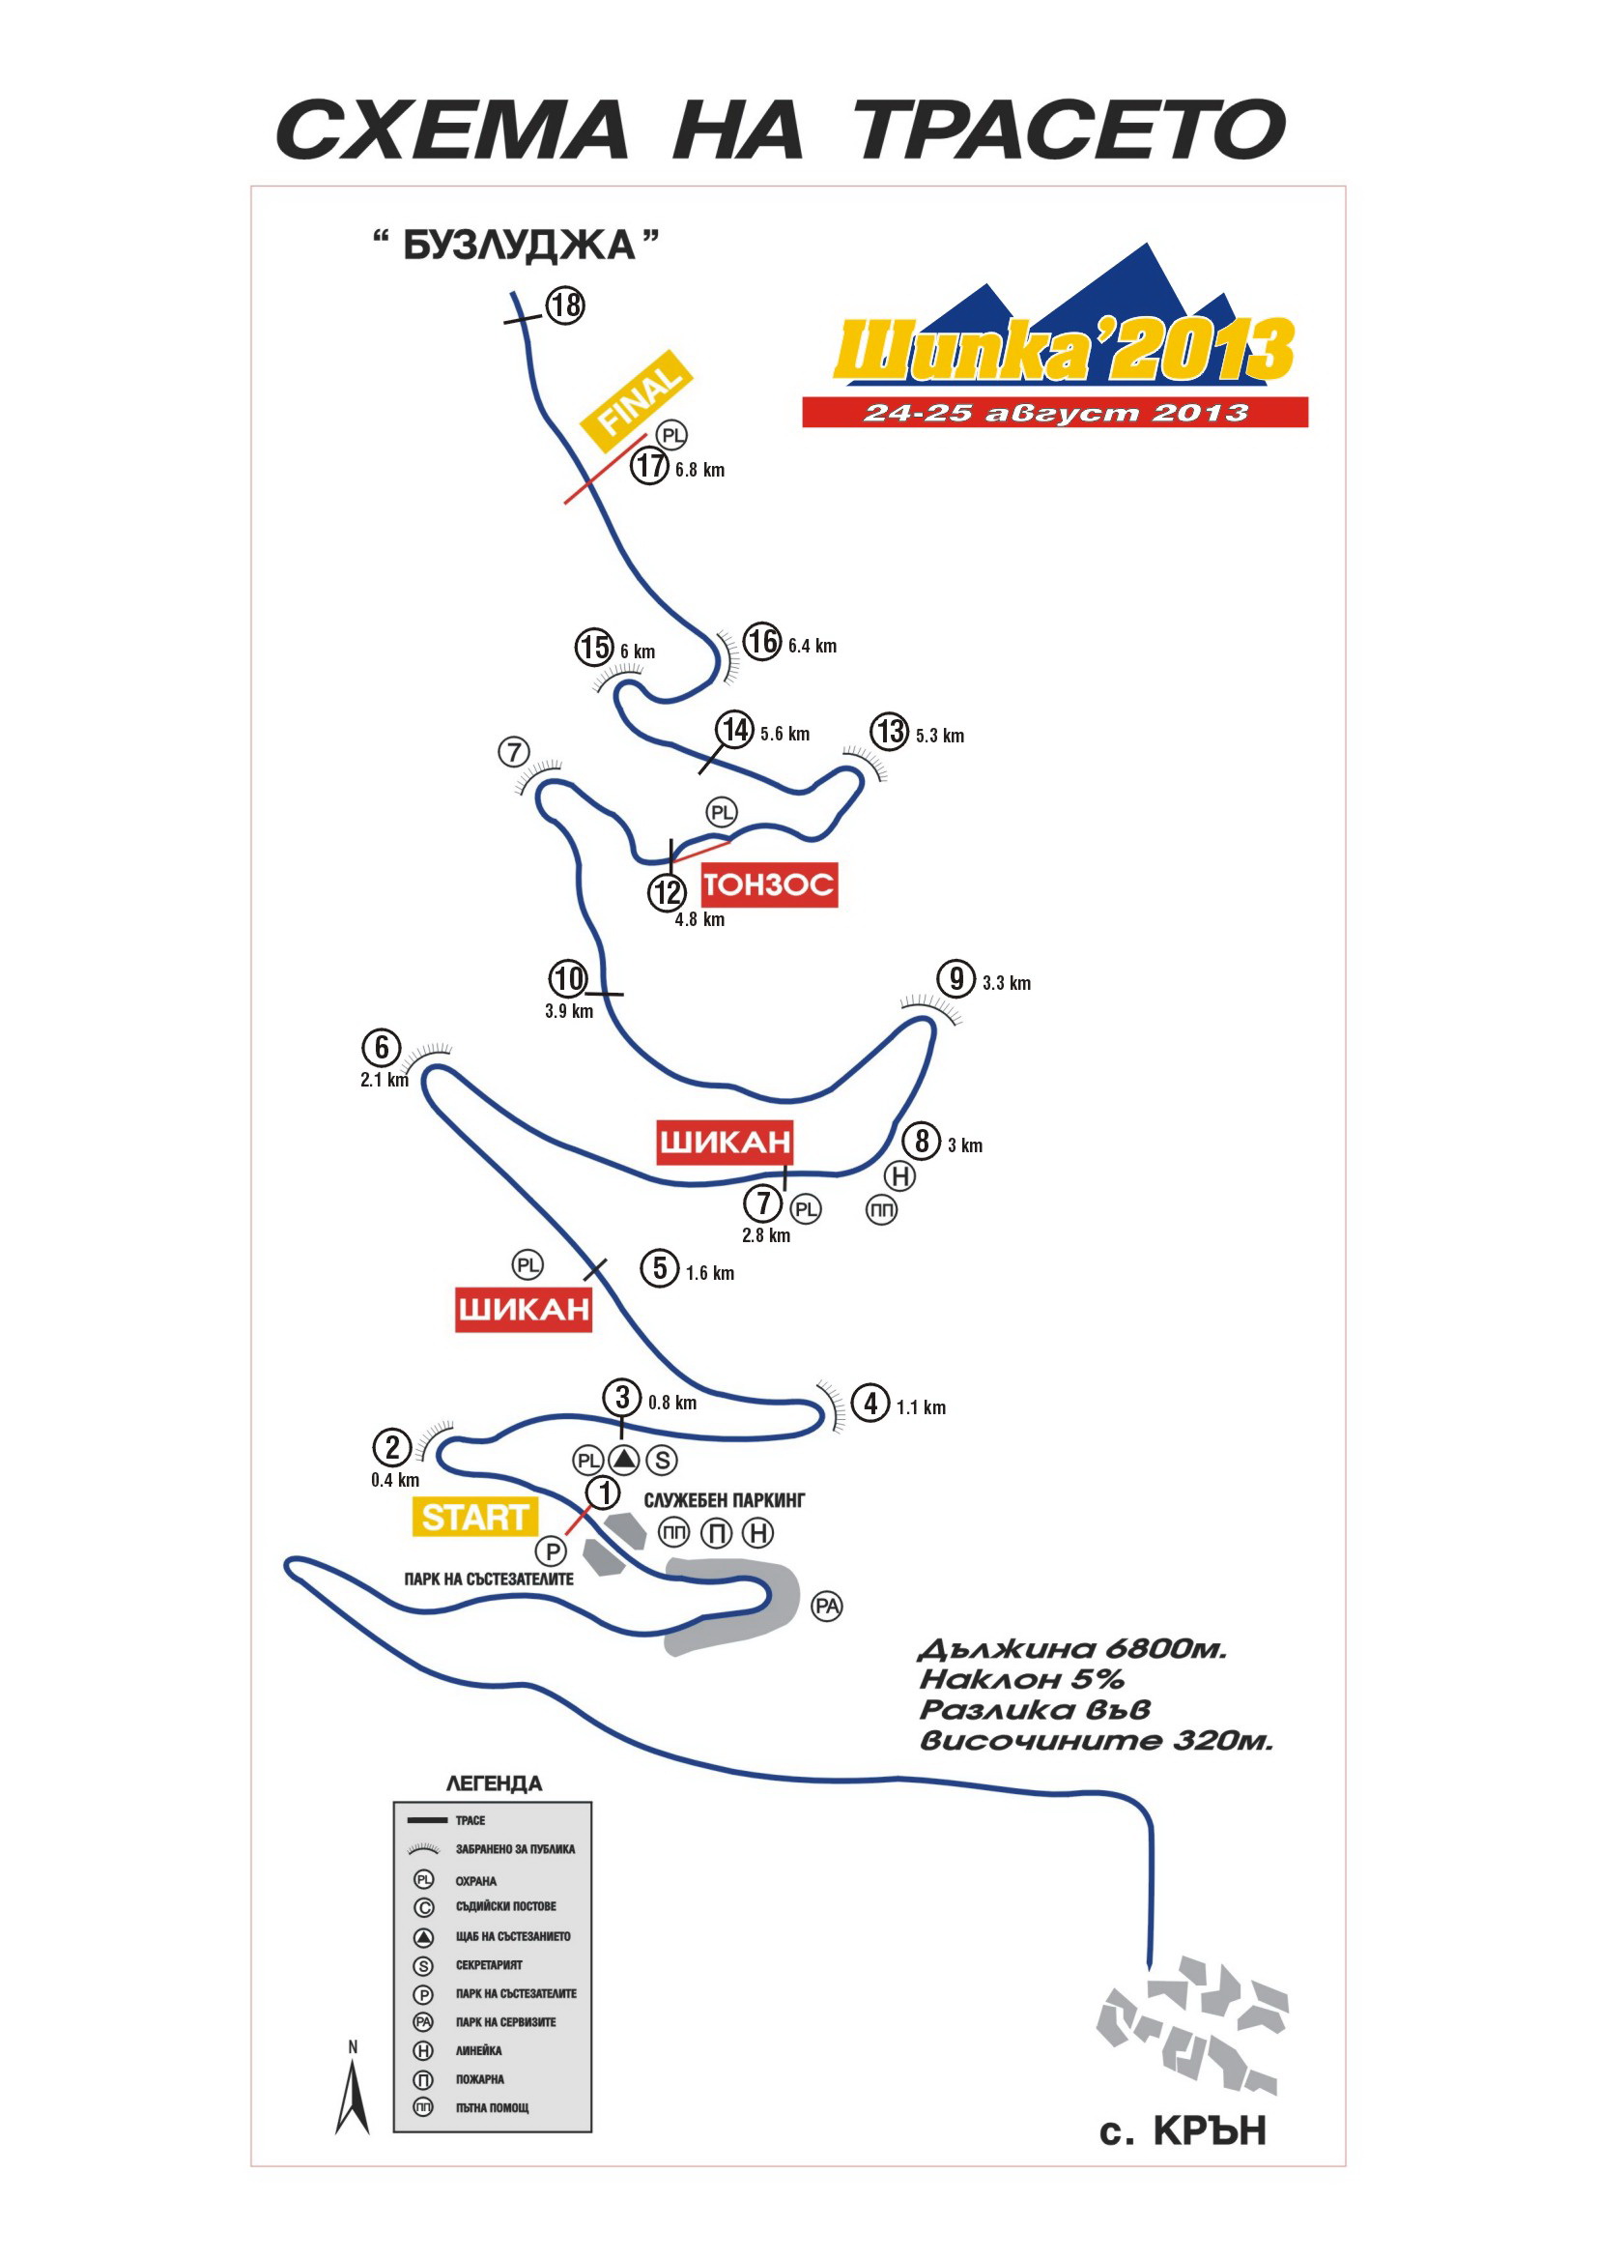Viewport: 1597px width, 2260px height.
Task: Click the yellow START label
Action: click(x=474, y=1517)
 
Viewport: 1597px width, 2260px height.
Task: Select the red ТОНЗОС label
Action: click(x=768, y=884)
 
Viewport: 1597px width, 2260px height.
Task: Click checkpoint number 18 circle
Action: click(x=565, y=305)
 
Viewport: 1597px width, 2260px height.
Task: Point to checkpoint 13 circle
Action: click(x=890, y=733)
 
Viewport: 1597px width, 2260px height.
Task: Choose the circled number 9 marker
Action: click(x=955, y=979)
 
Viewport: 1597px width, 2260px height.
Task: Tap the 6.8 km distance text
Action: click(x=699, y=471)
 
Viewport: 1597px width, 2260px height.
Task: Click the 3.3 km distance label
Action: click(x=1007, y=983)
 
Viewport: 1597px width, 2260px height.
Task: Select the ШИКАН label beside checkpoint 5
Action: click(x=524, y=1309)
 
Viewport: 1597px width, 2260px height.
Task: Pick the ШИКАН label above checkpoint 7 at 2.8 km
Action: click(x=726, y=1142)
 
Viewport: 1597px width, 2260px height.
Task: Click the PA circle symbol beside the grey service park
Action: click(x=827, y=1608)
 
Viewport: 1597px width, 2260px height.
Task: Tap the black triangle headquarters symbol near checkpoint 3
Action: click(x=624, y=1460)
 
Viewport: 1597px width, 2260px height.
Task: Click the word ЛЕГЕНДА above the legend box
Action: click(x=494, y=1783)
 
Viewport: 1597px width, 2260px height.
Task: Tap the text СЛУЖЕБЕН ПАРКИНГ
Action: click(x=725, y=1500)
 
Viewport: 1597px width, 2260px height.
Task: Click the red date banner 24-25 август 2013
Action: click(x=1055, y=413)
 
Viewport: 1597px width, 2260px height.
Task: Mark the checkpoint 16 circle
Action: click(x=761, y=642)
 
